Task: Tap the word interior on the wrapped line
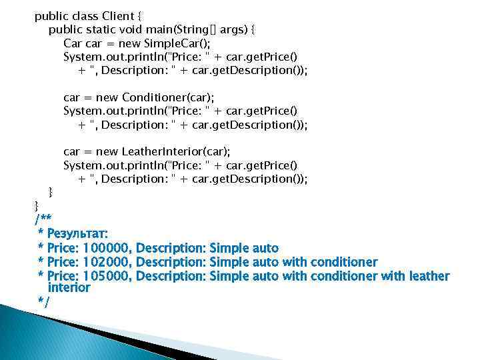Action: (69, 288)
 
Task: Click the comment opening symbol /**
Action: (42, 219)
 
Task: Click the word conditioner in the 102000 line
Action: (343, 262)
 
